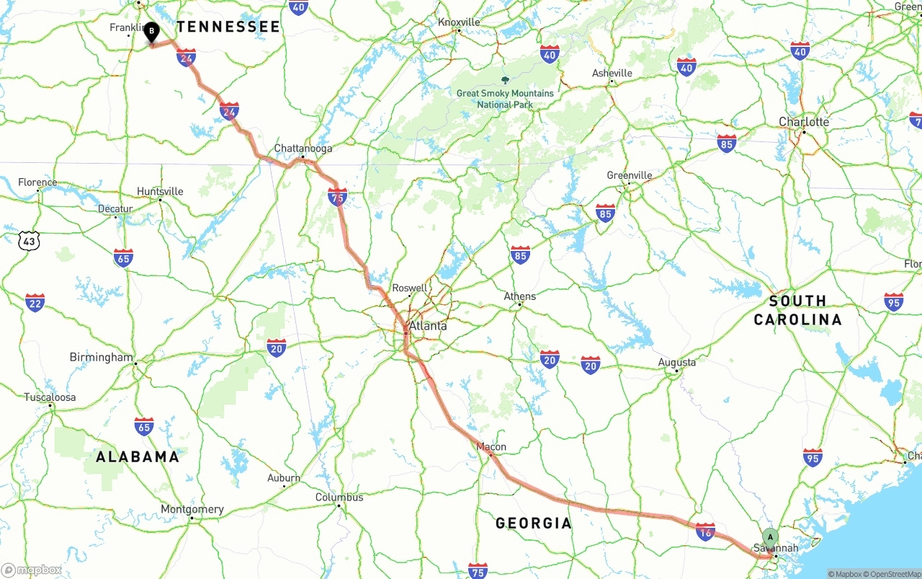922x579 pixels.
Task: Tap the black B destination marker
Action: coord(151,32)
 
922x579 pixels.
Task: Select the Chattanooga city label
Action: coord(303,149)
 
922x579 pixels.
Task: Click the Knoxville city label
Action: coord(459,22)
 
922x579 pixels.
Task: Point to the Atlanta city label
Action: coord(428,326)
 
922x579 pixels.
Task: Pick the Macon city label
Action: coord(491,447)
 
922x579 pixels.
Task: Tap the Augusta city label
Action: coord(677,362)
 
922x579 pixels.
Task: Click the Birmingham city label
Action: coord(102,358)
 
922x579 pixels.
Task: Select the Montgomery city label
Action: coord(192,509)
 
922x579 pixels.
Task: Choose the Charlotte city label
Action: coord(804,122)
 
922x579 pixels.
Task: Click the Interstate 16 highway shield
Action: coord(705,532)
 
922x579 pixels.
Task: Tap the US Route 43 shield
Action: coord(29,242)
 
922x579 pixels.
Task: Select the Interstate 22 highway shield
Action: coord(35,303)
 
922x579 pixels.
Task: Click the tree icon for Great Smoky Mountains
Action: coord(504,81)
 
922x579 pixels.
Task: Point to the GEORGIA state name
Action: coord(534,523)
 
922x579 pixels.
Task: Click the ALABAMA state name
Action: coord(138,456)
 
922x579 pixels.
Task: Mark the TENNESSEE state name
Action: coord(228,27)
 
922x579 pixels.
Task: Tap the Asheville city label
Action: coord(612,73)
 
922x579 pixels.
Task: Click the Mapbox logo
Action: coord(32,570)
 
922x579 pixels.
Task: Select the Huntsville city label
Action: coord(160,191)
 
